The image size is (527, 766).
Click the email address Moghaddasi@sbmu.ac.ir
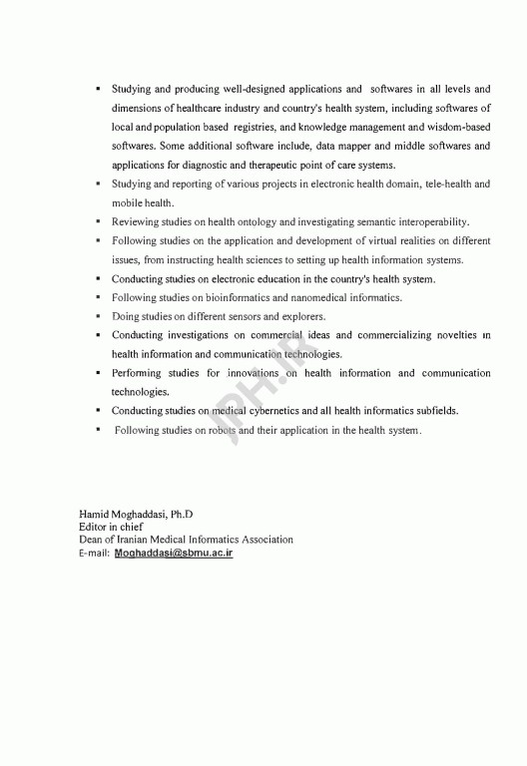(174, 552)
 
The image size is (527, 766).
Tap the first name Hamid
(94, 514)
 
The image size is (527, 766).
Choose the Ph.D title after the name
(181, 514)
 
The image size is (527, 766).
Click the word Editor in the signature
(95, 527)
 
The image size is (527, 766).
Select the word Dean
(92, 540)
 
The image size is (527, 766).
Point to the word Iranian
(137, 540)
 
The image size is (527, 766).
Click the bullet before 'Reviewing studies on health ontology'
(98, 221)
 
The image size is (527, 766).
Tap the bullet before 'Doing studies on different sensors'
(98, 316)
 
